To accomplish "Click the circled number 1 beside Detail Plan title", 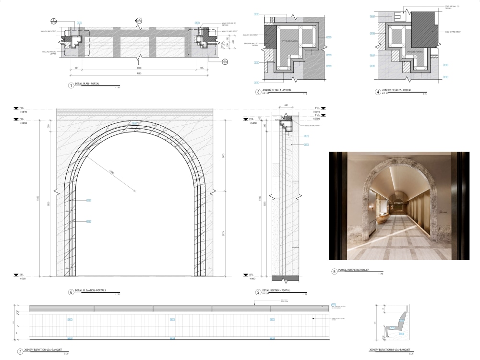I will pyautogui.click(x=72, y=85).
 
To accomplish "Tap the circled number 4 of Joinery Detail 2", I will pyautogui.click(x=378, y=90).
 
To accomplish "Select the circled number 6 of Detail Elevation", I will pyautogui.click(x=71, y=292).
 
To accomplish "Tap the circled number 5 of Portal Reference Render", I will pyautogui.click(x=334, y=271).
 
